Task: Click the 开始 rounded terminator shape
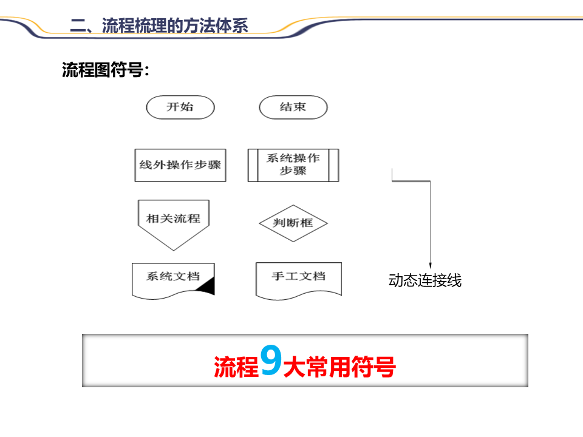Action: [x=180, y=107]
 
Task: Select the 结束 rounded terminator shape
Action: [x=293, y=107]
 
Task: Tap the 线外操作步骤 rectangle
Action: [x=180, y=165]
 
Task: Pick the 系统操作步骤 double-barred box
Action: [x=293, y=165]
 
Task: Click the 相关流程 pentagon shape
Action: [x=174, y=218]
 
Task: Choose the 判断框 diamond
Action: [x=293, y=223]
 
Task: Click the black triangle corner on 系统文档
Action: [x=208, y=287]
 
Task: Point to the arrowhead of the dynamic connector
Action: [x=431, y=265]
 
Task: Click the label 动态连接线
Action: [x=425, y=281]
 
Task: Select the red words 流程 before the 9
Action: [x=236, y=367]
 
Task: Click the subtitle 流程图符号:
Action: [x=106, y=70]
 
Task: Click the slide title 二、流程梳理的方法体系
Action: [x=159, y=25]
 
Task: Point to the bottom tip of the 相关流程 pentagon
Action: [x=174, y=249]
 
